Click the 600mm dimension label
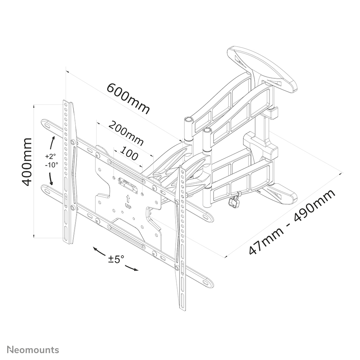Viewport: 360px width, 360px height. click(128, 98)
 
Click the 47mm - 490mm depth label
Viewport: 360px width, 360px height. click(292, 222)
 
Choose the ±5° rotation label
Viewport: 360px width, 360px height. click(116, 259)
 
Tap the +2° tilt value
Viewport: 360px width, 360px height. click(50, 156)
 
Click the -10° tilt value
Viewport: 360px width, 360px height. click(51, 165)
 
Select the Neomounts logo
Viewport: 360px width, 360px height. click(33, 350)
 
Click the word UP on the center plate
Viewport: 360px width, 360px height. click(128, 205)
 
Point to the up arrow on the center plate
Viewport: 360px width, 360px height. click(128, 198)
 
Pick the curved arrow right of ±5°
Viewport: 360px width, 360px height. click(132, 268)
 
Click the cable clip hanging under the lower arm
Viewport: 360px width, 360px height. click(235, 199)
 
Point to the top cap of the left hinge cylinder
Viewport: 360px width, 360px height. click(188, 119)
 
